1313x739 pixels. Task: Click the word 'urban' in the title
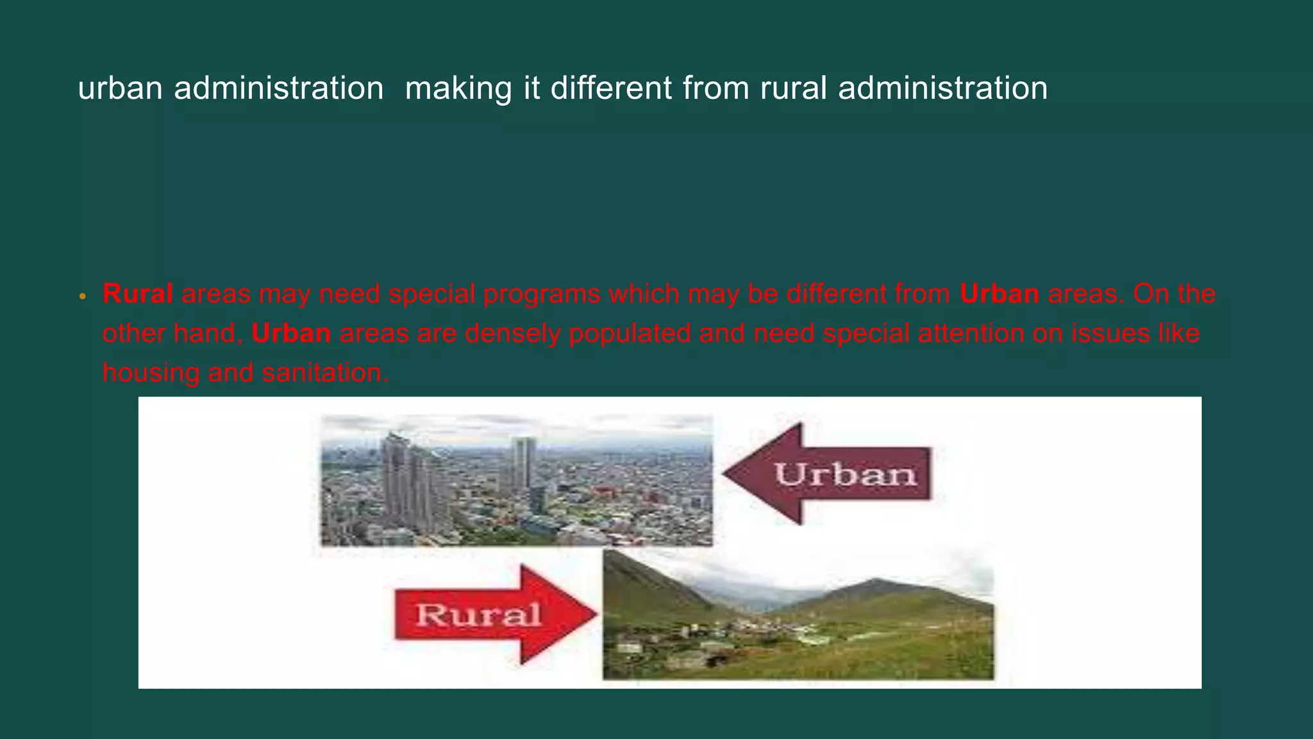coord(120,88)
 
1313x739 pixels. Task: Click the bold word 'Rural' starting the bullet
coord(137,294)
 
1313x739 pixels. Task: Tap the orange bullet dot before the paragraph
coord(82,297)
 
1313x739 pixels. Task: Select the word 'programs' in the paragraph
coord(541,294)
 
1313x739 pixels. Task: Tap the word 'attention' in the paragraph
coord(971,334)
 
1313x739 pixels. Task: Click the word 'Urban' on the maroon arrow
coord(846,475)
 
